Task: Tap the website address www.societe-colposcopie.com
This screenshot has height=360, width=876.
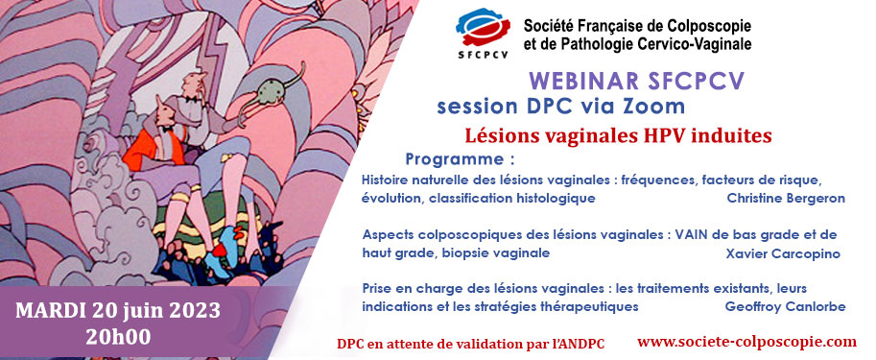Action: click(x=746, y=341)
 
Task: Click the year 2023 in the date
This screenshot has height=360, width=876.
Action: click(x=192, y=311)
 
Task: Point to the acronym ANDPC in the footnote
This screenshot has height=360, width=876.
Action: click(x=576, y=344)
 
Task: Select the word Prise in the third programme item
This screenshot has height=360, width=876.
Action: click(x=379, y=287)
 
